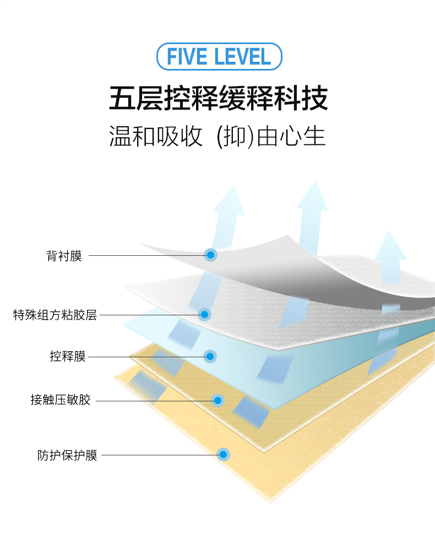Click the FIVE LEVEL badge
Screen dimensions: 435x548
(219, 57)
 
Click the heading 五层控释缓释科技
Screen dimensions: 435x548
(219, 99)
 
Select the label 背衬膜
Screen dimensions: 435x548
(64, 256)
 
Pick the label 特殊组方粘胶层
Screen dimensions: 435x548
(55, 315)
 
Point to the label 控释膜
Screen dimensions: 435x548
(68, 357)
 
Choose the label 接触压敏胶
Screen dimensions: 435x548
(61, 400)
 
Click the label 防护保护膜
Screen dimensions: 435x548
(67, 455)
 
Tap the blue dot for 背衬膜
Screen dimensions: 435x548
(210, 255)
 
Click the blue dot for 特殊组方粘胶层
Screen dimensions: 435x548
(205, 315)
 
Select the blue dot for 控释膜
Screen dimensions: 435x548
(210, 357)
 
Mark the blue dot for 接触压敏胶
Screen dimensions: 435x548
(218, 400)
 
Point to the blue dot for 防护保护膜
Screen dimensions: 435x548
(223, 455)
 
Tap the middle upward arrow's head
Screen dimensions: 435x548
(313, 196)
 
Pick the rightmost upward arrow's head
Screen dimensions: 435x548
(390, 246)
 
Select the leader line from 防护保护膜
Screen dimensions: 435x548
(160, 455)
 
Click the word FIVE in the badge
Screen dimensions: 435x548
(188, 57)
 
